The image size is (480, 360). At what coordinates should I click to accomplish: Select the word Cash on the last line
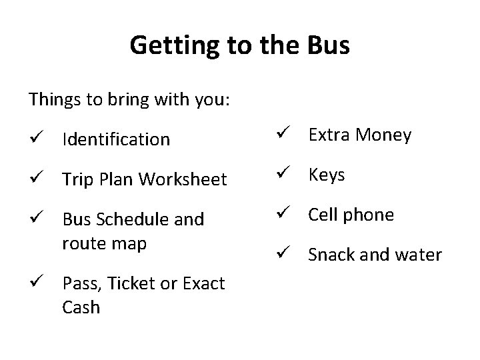point(81,307)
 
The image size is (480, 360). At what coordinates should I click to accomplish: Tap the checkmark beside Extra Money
point(282,134)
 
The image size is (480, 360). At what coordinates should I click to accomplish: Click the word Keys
point(327,175)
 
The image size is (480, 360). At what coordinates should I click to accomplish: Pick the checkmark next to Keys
point(282,174)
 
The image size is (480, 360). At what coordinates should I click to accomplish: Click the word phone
point(369,215)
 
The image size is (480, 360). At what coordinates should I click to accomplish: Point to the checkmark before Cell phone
point(282,214)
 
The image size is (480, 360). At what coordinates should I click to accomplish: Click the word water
point(419,255)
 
